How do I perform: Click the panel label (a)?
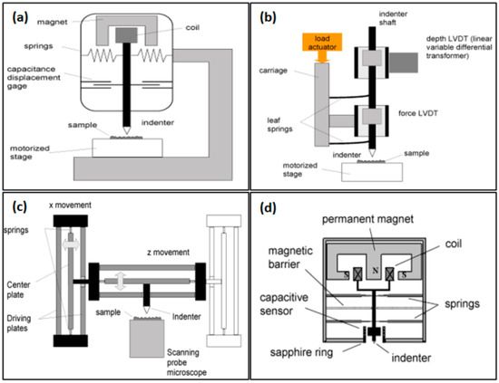20,17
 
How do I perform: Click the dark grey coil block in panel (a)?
126,35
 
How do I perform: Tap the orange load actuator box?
322,43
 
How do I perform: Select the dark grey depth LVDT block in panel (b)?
403,62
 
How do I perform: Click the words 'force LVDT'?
418,113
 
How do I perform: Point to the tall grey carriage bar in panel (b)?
322,104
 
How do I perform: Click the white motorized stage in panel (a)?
128,148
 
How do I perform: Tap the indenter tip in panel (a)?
127,133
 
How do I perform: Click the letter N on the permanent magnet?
376,271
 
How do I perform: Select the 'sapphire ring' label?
301,352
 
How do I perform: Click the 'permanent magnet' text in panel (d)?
367,219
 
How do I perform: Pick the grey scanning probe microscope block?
147,339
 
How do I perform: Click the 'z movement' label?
168,252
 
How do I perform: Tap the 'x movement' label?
70,206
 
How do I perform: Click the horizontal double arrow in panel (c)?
71,244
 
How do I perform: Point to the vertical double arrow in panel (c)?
121,281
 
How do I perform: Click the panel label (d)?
269,207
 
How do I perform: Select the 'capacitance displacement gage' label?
34,78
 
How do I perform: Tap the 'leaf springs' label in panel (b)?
279,124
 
